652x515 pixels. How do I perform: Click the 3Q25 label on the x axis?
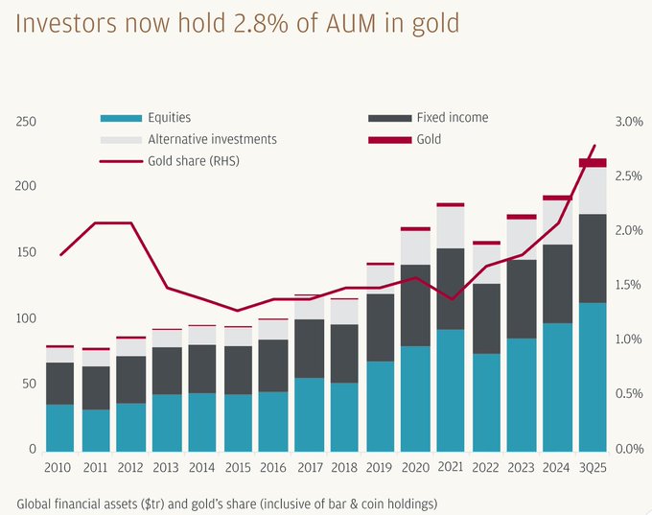point(593,466)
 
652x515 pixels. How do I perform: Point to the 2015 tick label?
point(238,466)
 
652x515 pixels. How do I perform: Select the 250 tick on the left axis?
point(27,122)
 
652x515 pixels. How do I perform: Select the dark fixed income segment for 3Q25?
point(593,258)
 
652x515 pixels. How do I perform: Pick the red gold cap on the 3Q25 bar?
point(593,163)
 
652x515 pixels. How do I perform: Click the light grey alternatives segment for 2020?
point(415,247)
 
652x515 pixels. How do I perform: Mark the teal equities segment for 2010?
point(60,428)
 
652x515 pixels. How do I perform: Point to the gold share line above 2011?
point(96,222)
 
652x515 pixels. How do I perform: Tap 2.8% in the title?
point(250,22)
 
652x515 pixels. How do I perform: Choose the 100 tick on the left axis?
point(27,318)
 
